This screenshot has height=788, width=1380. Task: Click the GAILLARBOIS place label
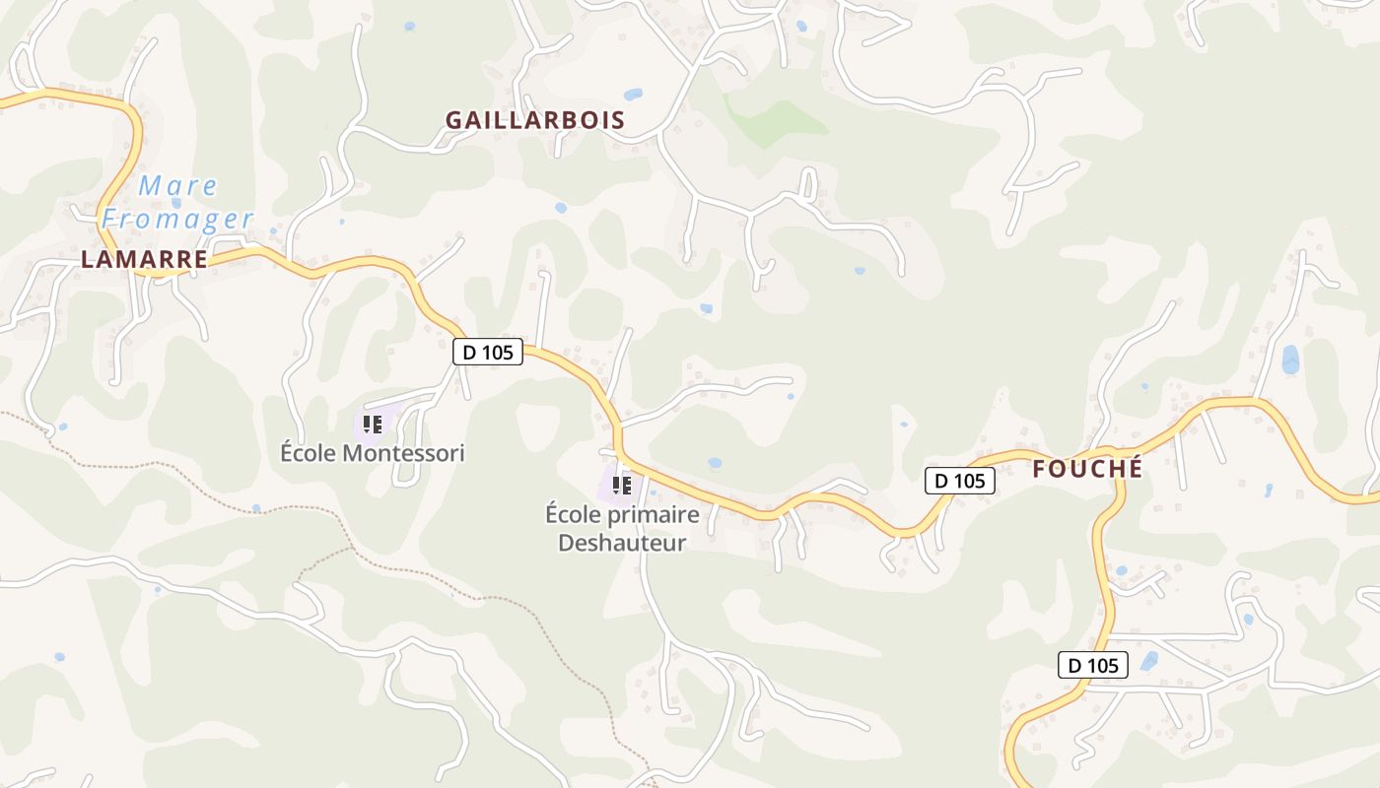pos(534,120)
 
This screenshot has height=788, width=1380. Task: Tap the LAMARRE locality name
pos(144,260)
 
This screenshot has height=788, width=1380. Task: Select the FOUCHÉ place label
pos(1087,469)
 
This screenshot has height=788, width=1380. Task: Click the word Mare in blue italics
pos(178,185)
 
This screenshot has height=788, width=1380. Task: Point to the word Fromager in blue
pos(177,219)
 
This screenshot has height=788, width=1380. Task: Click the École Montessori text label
pos(372,453)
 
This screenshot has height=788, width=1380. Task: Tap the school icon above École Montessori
pos(373,425)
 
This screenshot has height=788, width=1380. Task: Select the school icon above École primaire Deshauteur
pos(622,485)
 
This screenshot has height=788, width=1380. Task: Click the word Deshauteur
pos(622,543)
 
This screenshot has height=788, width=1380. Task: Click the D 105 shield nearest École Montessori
pos(488,352)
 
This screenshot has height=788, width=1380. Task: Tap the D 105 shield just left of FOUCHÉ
pos(959,481)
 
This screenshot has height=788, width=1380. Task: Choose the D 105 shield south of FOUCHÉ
pos(1093,665)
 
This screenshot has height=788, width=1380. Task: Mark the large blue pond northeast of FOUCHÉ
pos(1290,360)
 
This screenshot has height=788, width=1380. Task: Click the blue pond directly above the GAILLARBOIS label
pos(633,95)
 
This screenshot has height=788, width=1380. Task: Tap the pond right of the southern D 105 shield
pos(1149,661)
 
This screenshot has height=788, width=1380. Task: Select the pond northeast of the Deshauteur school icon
pos(715,462)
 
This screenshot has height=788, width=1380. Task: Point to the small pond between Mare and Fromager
pos(176,203)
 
